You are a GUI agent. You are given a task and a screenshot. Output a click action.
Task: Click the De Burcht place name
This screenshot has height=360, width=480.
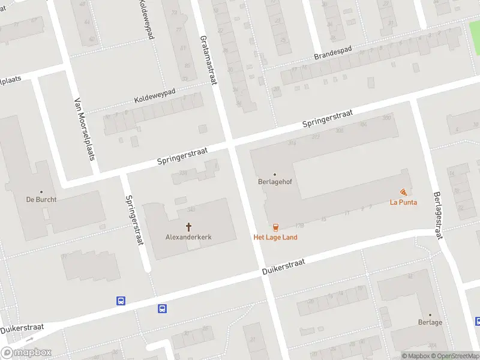pos(41,200)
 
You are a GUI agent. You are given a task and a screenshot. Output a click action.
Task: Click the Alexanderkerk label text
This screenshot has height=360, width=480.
pos(188,237)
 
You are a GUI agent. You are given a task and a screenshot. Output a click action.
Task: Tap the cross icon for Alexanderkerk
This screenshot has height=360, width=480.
pos(188,227)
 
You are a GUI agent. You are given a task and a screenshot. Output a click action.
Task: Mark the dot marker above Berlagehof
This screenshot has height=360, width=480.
pos(275,175)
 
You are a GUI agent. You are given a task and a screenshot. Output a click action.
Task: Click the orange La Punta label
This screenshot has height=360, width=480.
pos(403,202)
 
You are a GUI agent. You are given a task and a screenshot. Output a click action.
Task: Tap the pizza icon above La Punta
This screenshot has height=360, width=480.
pos(403,192)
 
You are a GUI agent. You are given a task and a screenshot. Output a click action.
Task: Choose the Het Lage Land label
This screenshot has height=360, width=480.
pos(275,237)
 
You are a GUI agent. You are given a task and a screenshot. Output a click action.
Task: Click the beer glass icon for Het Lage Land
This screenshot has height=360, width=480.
pos(275,227)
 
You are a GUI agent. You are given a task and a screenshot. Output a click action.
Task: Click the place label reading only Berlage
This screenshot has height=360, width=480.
pos(430,322)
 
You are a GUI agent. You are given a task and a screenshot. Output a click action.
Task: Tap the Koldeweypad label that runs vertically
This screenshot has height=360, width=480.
pos(148,20)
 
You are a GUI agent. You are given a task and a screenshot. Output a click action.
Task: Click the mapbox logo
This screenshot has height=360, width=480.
pos(26,353)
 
